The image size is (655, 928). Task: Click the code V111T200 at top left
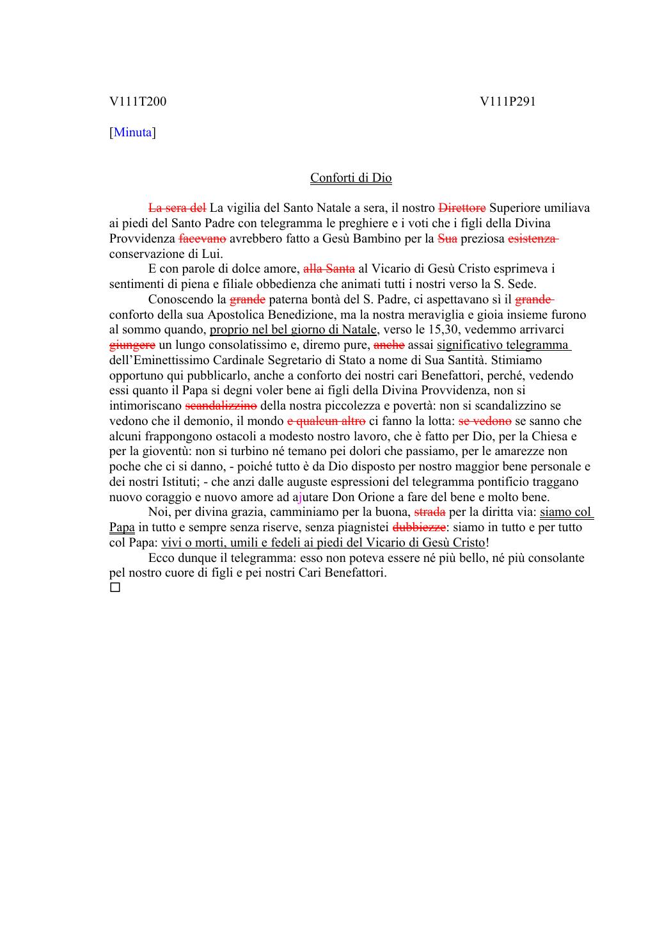tap(138, 101)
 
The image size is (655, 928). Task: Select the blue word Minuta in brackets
tap(133, 132)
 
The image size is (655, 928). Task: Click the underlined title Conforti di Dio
tap(351, 178)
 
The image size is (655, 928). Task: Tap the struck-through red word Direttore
tap(462, 208)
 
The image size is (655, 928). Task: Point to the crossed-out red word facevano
tap(202, 239)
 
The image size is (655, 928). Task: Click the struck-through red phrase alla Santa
tap(329, 269)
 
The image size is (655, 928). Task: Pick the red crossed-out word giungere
tap(132, 345)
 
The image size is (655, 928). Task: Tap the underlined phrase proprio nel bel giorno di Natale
tap(293, 330)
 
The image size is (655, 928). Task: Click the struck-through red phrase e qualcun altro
tap(326, 421)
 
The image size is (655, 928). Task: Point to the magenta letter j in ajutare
tap(300, 497)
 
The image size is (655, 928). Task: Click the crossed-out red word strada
tap(430, 512)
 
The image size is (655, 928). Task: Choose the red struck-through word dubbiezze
tap(418, 527)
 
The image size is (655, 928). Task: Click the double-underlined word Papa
tap(122, 527)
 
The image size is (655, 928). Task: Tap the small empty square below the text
tap(115, 587)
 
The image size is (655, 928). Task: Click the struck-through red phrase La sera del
tap(177, 208)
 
